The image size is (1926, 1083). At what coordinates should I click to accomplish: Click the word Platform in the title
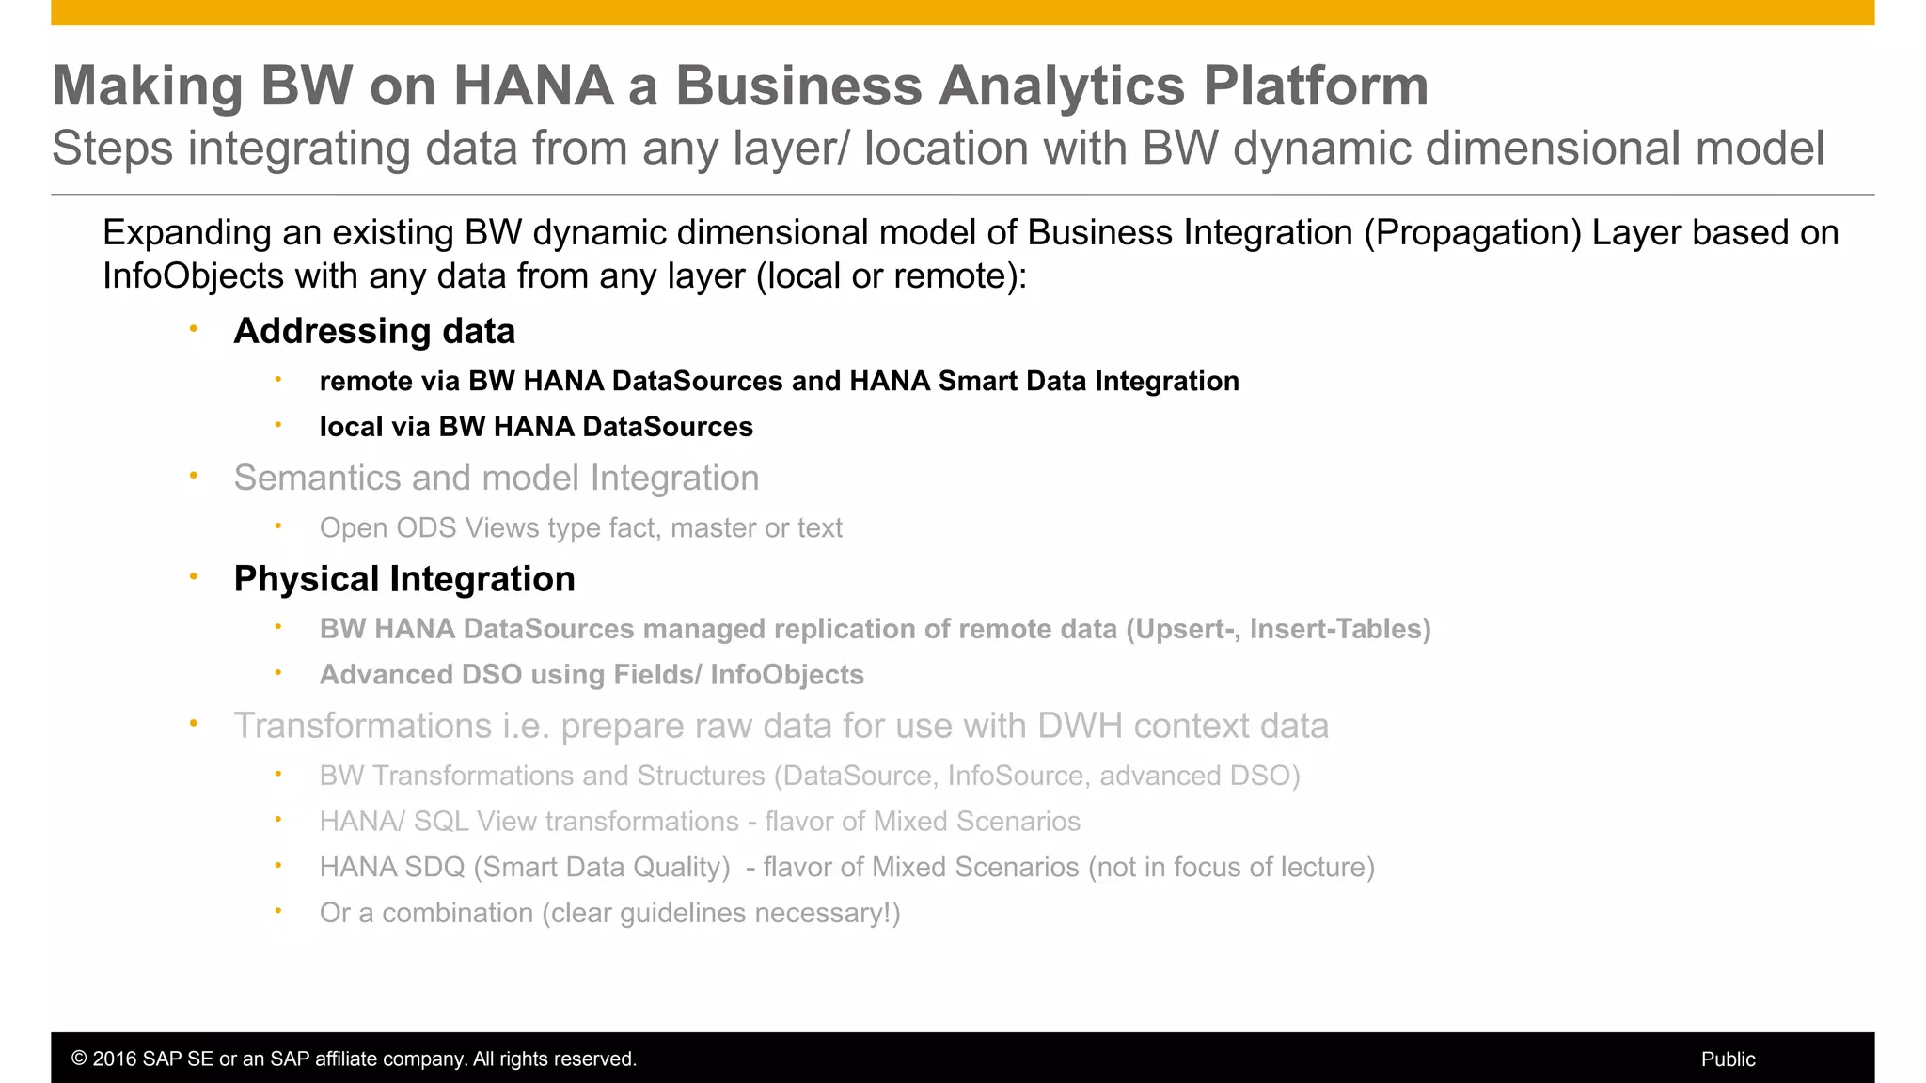(x=1316, y=86)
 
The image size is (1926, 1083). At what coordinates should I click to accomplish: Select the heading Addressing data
(x=374, y=331)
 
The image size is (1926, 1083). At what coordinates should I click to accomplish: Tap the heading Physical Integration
(x=404, y=579)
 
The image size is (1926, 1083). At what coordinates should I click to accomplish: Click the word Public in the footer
(x=1728, y=1059)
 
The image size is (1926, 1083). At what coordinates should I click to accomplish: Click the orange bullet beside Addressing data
(x=193, y=329)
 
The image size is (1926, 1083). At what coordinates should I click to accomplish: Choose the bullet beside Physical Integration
(x=193, y=576)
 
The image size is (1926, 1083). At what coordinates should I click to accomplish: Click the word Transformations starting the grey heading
(x=362, y=726)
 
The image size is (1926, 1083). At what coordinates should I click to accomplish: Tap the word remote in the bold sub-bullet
(x=365, y=382)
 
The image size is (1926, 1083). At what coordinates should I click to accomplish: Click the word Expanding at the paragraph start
(x=195, y=233)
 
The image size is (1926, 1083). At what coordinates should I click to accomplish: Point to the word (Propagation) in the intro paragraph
(x=1473, y=233)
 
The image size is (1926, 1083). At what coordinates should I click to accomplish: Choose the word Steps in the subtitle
(x=113, y=149)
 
